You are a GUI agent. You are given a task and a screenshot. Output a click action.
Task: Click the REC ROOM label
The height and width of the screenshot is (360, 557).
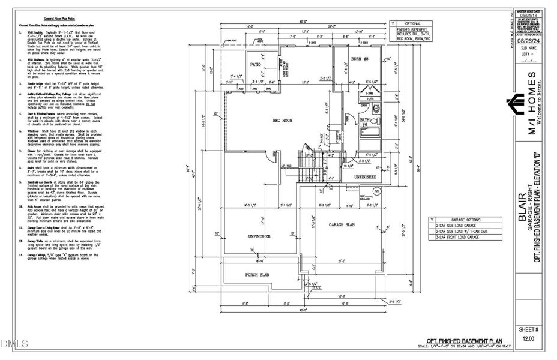(x=282, y=121)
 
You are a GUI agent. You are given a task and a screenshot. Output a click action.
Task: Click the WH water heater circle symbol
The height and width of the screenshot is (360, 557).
(x=377, y=191)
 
